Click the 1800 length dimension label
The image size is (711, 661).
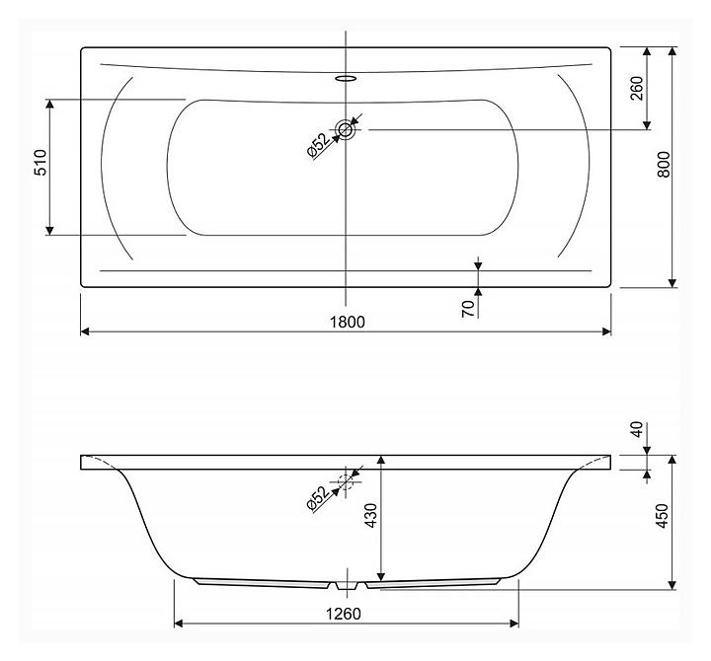(347, 322)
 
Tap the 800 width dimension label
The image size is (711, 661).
(664, 164)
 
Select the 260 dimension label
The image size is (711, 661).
(637, 89)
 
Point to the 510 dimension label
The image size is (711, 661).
(40, 162)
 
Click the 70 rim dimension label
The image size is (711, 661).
(468, 309)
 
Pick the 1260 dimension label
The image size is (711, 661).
(344, 614)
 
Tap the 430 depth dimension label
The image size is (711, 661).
(371, 516)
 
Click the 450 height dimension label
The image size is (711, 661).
(663, 516)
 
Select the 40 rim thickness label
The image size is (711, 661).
(637, 429)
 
